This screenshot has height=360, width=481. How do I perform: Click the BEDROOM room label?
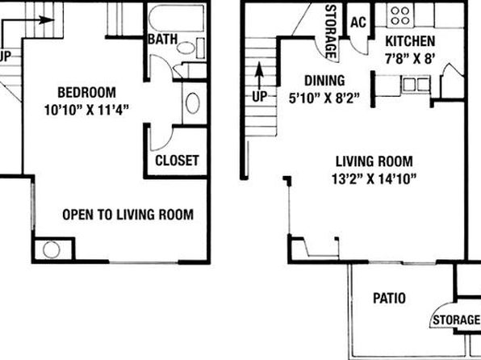(87, 93)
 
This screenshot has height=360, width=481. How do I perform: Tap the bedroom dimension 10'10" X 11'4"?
(86, 110)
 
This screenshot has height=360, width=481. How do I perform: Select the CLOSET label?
(177, 161)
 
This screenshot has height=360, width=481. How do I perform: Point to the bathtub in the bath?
(177, 18)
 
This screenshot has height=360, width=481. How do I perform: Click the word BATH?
(162, 40)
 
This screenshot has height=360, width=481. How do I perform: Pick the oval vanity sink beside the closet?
(193, 103)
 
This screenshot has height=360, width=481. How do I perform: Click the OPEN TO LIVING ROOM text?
(128, 215)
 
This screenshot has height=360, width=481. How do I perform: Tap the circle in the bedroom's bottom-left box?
(51, 249)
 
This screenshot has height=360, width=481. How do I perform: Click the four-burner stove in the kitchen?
(400, 15)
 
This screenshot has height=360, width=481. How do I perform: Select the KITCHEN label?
(410, 41)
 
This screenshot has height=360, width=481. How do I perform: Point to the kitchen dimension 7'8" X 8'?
(410, 59)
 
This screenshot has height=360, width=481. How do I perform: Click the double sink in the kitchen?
(416, 85)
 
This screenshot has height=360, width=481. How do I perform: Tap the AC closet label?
(358, 22)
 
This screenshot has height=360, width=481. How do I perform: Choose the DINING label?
(324, 81)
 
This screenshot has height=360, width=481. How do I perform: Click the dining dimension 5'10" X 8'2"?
(324, 98)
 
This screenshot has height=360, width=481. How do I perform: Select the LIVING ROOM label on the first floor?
(374, 161)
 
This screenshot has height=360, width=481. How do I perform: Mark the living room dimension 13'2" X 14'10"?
(374, 178)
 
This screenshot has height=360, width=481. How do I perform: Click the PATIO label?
(389, 298)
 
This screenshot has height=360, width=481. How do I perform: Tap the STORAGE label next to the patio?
(456, 320)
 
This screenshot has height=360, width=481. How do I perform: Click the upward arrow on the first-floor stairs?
(260, 76)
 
